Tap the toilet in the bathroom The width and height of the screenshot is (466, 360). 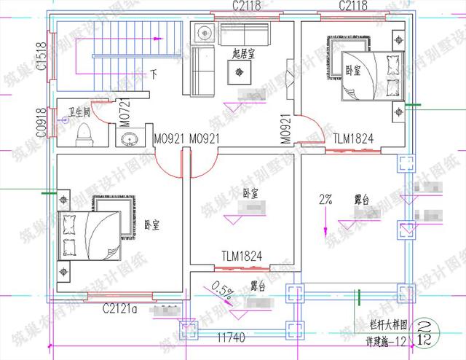pyautogui.click(x=84, y=133)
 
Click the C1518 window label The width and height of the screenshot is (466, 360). pyautogui.click(x=42, y=57)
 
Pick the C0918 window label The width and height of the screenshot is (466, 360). pyautogui.click(x=42, y=123)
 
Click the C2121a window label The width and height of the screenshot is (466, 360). pyautogui.click(x=121, y=308)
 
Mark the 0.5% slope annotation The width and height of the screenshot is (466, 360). pyautogui.click(x=221, y=291)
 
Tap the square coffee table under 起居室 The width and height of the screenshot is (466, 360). pyautogui.click(x=240, y=71)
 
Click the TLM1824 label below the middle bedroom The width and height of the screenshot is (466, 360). pyautogui.click(x=242, y=256)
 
